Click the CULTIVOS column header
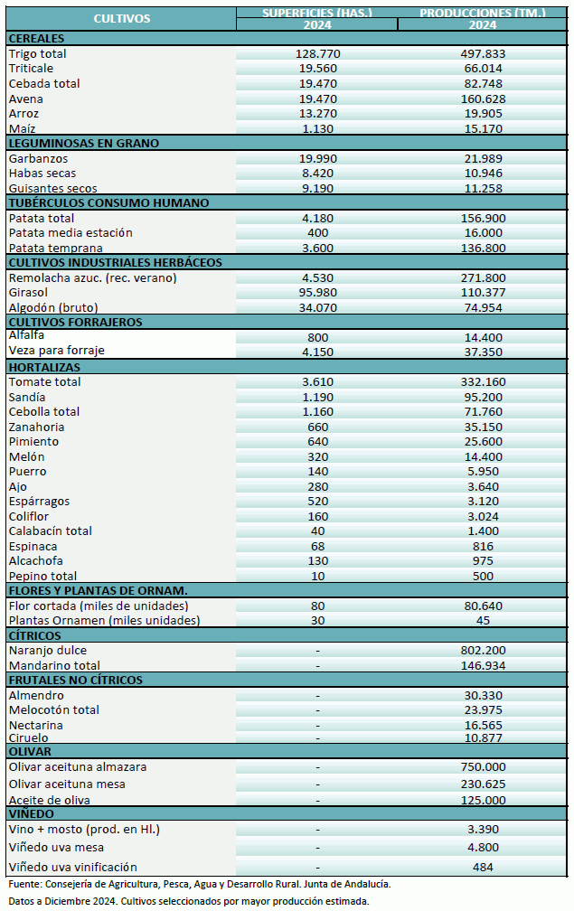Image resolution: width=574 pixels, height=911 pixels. (x=121, y=18)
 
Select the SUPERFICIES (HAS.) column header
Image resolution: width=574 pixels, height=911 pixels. (x=316, y=13)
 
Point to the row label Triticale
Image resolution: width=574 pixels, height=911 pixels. (x=31, y=69)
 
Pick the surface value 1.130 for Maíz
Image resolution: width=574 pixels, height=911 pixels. (x=316, y=128)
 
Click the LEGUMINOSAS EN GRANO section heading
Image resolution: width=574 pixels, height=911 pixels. (x=83, y=143)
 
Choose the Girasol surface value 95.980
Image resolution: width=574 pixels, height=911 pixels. (x=316, y=293)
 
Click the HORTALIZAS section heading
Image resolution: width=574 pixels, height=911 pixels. (x=44, y=367)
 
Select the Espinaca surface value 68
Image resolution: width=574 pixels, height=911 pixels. (x=316, y=546)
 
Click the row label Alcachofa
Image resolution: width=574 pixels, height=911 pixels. (x=37, y=560)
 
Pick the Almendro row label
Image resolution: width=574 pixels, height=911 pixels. (x=36, y=696)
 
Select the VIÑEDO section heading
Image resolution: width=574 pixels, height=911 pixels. (x=31, y=813)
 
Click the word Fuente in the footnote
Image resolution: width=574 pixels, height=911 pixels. (x=26, y=884)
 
